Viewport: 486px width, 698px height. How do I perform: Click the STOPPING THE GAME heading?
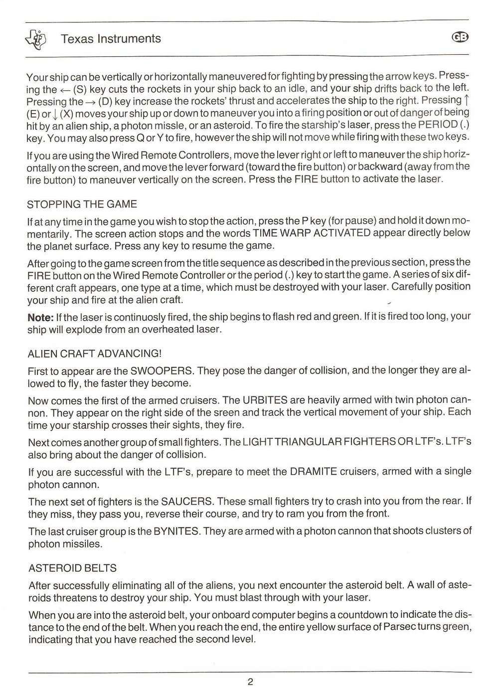point(82,204)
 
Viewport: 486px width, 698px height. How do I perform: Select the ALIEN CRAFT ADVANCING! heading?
point(95,354)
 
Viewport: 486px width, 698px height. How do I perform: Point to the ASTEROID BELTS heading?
point(73,568)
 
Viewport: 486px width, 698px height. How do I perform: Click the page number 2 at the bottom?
point(250,682)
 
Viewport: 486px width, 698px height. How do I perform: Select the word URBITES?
point(266,400)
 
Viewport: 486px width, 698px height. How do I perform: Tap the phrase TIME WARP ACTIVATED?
point(312,233)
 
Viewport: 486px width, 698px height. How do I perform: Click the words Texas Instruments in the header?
point(111,39)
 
